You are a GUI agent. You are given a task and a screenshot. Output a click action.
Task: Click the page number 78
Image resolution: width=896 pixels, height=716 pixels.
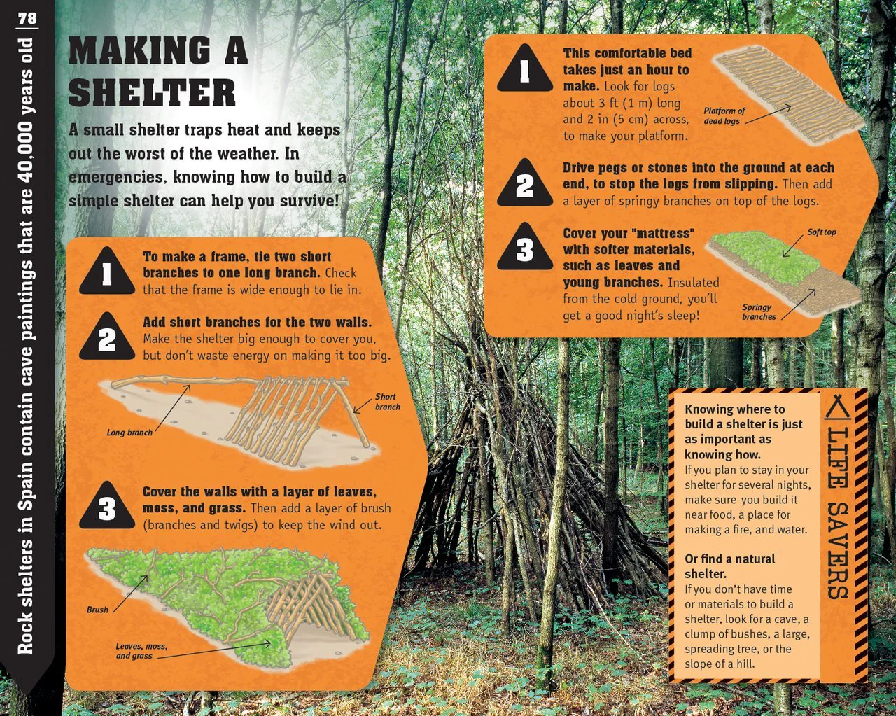[x=27, y=19]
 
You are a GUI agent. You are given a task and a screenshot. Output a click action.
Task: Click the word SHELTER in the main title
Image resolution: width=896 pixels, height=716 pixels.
[x=153, y=93]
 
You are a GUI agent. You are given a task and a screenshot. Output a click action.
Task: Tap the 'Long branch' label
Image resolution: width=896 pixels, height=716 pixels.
[x=129, y=433]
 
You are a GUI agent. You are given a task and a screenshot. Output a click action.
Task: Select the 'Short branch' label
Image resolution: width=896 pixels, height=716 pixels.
[x=387, y=402]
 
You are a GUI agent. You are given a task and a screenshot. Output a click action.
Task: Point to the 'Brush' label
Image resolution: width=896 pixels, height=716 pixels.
[x=97, y=610]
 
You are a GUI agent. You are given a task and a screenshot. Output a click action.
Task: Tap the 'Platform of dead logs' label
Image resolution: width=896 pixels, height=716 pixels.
[x=724, y=115]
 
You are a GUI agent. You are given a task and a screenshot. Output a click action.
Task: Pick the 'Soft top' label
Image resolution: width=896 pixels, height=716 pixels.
[x=822, y=232]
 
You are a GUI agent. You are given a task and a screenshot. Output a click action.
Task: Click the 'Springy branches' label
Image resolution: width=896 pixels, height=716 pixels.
[x=759, y=311]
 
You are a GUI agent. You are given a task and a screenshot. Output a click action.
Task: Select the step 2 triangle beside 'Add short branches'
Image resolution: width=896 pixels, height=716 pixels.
[x=107, y=337]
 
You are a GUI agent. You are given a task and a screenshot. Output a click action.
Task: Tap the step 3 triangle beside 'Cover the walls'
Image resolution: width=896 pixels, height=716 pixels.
[x=107, y=507]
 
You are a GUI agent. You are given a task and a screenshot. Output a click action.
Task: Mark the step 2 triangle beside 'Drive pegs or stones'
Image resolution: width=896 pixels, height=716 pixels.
[x=525, y=183]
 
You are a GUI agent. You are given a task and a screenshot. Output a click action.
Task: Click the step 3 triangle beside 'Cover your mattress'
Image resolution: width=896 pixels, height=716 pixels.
[x=525, y=248]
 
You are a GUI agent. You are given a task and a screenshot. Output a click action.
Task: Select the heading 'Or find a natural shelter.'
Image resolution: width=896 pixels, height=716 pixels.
[x=730, y=566]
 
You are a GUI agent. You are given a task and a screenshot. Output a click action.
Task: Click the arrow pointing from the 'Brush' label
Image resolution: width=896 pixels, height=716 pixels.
[x=130, y=594]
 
